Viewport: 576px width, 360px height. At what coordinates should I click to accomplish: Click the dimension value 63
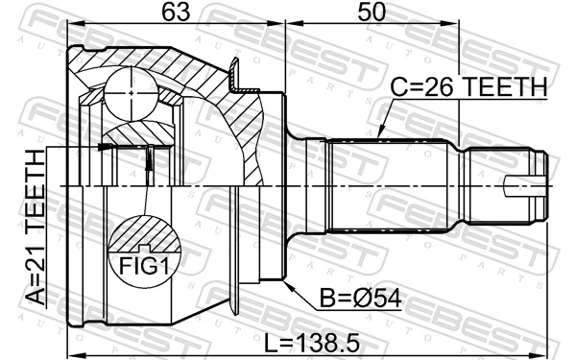[x=175, y=13]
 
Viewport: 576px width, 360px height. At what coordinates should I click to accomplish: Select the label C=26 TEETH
[x=468, y=87]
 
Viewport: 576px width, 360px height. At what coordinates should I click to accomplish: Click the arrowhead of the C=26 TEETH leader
[x=379, y=137]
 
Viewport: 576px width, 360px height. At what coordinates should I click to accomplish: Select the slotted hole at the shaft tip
[x=527, y=184]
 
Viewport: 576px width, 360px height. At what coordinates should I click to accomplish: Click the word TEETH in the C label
[x=508, y=87]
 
